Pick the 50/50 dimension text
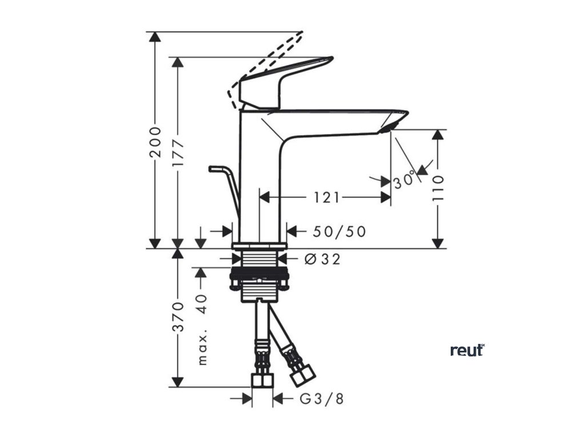339,232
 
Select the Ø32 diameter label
323,259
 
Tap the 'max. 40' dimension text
201,330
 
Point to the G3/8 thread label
322,399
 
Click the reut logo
467,350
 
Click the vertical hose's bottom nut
262,381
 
